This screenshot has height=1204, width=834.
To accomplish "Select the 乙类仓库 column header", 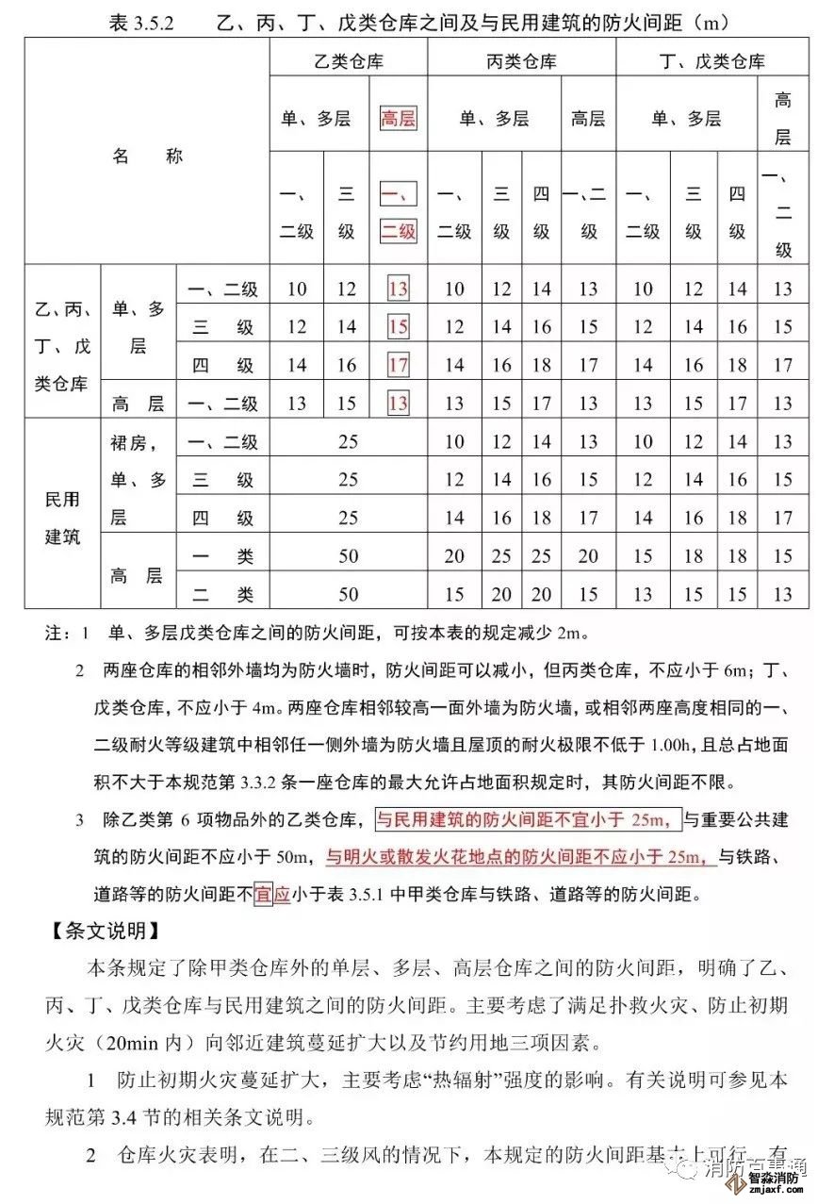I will (349, 62).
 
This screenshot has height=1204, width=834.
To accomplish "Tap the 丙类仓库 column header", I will (521, 62).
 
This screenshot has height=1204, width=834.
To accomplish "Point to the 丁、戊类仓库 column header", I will (712, 62).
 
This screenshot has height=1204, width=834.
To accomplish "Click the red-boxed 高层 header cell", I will (399, 119).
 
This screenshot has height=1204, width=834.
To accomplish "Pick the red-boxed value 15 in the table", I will (399, 327).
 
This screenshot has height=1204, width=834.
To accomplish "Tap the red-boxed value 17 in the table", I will (399, 366).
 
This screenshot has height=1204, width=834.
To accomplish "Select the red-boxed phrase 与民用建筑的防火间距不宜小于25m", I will (527, 819).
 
